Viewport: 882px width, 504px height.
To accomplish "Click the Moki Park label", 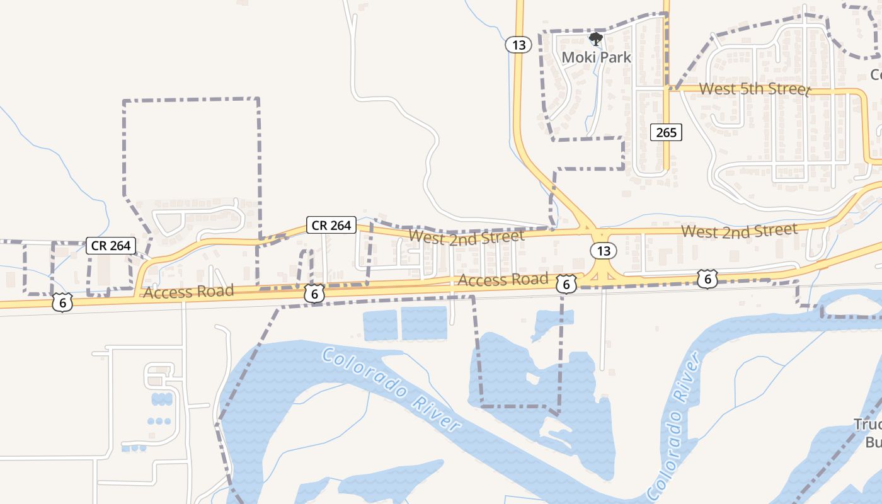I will [596, 57].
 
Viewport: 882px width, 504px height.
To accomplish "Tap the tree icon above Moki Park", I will [595, 40].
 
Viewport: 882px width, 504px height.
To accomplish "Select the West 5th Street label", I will [754, 89].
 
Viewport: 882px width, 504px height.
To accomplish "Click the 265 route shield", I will [666, 132].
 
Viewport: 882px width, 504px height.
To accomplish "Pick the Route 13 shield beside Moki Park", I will [518, 45].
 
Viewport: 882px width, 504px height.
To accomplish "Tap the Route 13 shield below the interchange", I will [604, 251].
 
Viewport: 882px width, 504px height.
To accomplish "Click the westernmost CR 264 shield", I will [111, 246].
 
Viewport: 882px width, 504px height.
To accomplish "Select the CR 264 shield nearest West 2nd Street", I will [331, 225].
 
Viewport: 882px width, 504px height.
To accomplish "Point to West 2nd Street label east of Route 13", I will [739, 231].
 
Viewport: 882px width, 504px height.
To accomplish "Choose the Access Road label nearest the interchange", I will [503, 280].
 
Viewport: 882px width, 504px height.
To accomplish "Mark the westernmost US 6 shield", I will [62, 303].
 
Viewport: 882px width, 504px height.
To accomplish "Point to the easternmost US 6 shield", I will [707, 278].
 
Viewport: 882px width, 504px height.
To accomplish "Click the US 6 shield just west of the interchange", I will [566, 284].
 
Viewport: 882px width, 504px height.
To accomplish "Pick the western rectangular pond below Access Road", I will [381, 324].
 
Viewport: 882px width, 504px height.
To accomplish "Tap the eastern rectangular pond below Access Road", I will [424, 323].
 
